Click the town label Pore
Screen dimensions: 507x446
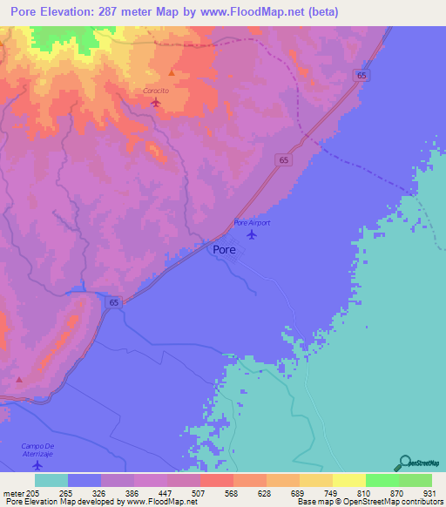pyautogui.click(x=224, y=249)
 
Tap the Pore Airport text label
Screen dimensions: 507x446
pyautogui.click(x=253, y=223)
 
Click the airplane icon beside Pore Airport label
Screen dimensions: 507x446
pyautogui.click(x=253, y=233)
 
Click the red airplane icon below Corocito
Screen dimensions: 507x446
pyautogui.click(x=156, y=102)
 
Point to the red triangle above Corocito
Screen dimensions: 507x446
pyautogui.click(x=172, y=73)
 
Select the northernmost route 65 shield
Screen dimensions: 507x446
pyautogui.click(x=362, y=77)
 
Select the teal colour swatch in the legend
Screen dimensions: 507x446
pyautogui.click(x=51, y=480)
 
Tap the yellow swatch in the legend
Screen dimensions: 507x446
pyautogui.click(x=348, y=480)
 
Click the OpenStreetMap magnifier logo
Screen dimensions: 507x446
pyautogui.click(x=403, y=463)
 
